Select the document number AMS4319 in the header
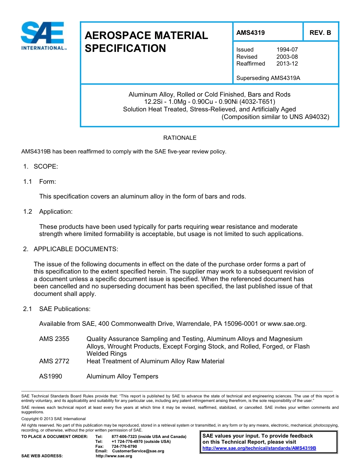(250, 33)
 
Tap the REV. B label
(320, 33)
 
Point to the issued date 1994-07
(287, 50)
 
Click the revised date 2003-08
(287, 57)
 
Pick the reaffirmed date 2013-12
(287, 64)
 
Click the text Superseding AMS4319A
(268, 78)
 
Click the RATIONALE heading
(180, 138)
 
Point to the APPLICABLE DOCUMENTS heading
(76, 249)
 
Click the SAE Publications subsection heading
(65, 309)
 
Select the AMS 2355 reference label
(54, 339)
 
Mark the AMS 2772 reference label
(54, 361)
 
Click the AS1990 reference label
(50, 377)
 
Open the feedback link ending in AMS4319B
(259, 448)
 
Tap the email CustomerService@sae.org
(138, 451)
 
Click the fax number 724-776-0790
(124, 446)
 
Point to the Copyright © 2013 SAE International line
(53, 419)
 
